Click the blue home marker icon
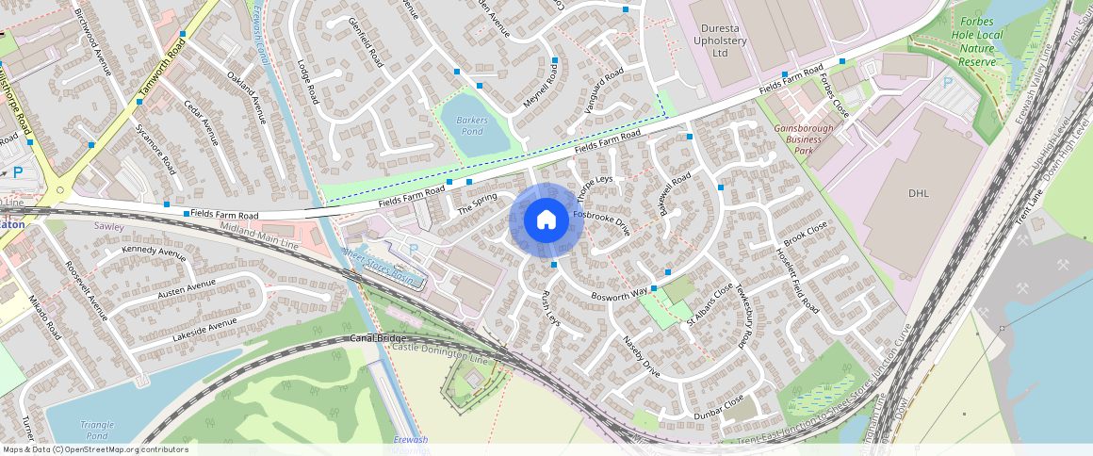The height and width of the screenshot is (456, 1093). pyautogui.click(x=546, y=221)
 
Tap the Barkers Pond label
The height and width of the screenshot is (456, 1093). pyautogui.click(x=470, y=126)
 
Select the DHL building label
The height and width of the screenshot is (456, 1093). pyautogui.click(x=919, y=193)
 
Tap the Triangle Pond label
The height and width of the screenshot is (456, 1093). pyautogui.click(x=97, y=431)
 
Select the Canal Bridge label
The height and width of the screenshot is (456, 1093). pyautogui.click(x=378, y=338)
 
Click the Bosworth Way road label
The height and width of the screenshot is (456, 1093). pyautogui.click(x=619, y=294)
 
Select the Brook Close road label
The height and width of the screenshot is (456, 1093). pyautogui.click(x=805, y=233)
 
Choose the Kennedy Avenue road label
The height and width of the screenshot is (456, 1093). pyautogui.click(x=154, y=252)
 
